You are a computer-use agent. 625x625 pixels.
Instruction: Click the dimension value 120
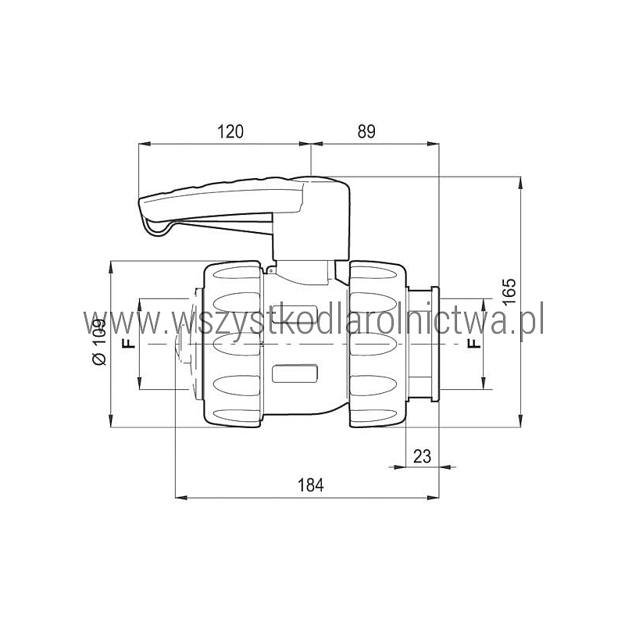[x=230, y=131]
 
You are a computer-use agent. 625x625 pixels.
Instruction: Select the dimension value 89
[x=366, y=131]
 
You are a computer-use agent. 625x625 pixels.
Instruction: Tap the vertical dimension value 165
[x=509, y=291]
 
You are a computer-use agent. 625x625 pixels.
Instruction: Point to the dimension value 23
[x=422, y=456]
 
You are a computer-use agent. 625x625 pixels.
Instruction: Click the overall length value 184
[x=311, y=485]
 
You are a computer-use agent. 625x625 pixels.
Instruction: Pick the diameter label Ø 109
[x=99, y=342]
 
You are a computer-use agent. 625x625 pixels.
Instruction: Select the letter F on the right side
[x=474, y=343]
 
